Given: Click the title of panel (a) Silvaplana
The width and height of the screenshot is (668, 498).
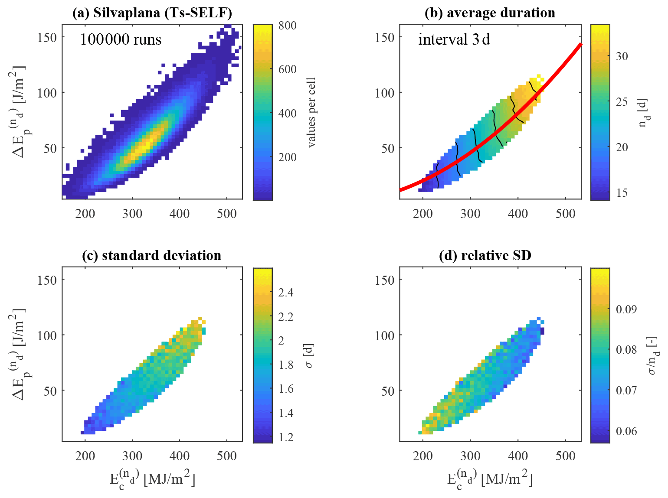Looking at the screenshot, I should (152, 13).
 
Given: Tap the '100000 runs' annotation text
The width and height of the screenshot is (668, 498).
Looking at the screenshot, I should (121, 39).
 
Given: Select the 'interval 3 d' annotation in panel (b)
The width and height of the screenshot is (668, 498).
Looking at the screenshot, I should (454, 39).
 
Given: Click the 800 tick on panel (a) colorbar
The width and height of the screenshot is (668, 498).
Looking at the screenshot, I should (288, 26).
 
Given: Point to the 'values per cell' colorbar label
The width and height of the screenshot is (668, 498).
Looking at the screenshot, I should (311, 113).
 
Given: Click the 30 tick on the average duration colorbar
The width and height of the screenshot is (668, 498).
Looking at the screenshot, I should (622, 56).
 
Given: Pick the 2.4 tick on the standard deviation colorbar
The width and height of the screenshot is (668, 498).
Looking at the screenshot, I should (285, 293).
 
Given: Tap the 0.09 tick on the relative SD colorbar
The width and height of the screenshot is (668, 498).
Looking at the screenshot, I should (626, 309).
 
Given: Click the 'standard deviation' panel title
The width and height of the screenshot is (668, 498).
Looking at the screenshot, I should (151, 255).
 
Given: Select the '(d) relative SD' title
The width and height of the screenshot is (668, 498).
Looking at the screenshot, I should (485, 255).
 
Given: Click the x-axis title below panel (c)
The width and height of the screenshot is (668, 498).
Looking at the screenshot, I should (152, 479).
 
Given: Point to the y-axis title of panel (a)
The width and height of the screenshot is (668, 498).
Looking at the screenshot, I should (20, 112).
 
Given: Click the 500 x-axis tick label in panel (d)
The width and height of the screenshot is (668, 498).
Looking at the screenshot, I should (565, 456).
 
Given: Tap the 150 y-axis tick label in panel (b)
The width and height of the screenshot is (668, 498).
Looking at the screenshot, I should (384, 37).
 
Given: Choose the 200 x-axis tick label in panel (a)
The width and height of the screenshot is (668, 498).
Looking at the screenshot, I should (85, 214).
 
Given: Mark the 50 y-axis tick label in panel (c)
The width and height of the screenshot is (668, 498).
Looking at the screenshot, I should (51, 391).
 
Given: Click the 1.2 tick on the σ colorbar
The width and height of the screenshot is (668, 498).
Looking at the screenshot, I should (285, 437).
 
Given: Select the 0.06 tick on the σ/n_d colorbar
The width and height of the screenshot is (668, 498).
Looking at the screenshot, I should (626, 431).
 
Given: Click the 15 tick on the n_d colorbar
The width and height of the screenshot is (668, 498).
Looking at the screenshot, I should (622, 192).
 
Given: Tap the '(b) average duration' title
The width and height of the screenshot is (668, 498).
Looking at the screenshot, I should (490, 13).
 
